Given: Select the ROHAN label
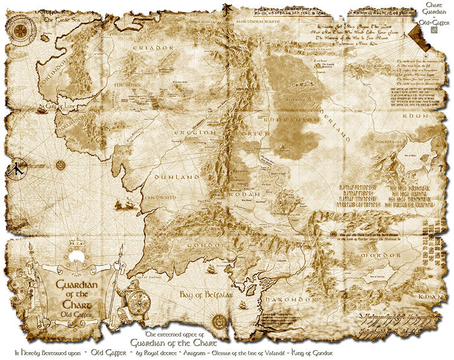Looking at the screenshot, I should (245, 194).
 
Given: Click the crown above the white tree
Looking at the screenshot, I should (76, 243).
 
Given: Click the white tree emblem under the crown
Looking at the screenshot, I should (76, 257).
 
